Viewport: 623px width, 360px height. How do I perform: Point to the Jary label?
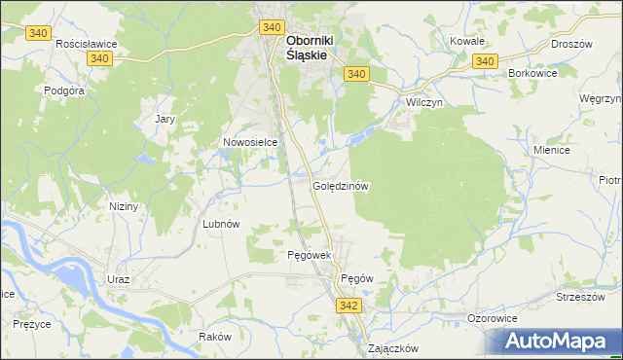point(165,120)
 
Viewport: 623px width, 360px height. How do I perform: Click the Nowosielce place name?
point(250,142)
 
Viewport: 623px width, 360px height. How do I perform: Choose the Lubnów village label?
point(220,223)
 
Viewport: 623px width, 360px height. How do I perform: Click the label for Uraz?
point(118,279)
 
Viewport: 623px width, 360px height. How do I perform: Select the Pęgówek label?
point(311,255)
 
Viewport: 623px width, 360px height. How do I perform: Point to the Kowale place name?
point(467,42)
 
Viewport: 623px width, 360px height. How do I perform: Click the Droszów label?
point(571,44)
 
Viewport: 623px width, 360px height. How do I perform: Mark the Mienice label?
point(551,151)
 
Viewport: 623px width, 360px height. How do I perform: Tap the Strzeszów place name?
point(575,297)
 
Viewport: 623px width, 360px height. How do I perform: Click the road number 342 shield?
point(350,306)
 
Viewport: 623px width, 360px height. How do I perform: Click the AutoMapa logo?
point(559,342)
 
